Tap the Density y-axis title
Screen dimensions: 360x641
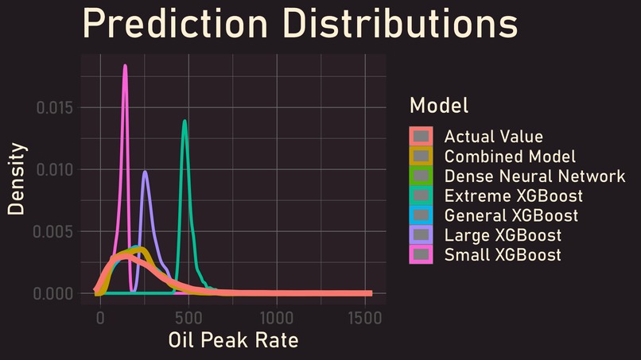pos(17,179)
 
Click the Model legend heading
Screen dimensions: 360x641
pos(438,105)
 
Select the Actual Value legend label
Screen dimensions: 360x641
pos(493,137)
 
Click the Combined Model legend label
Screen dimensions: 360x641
pos(510,157)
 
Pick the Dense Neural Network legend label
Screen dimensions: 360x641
pos(534,176)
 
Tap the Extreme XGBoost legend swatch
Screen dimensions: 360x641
pos(422,195)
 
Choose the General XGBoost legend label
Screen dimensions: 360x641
pos(511,215)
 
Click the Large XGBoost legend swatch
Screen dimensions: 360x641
pos(422,235)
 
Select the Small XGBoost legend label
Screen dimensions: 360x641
pos(503,255)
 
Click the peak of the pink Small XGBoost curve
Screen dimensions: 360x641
pos(125,66)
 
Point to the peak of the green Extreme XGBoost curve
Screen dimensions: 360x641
pos(185,122)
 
